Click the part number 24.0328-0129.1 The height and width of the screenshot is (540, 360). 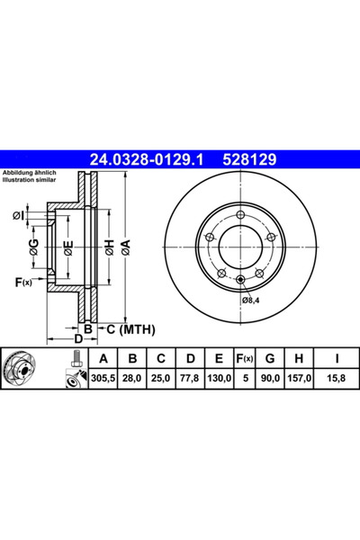146,159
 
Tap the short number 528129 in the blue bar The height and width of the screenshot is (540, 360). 249,159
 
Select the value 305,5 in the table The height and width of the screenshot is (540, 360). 103,378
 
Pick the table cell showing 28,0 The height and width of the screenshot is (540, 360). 132,378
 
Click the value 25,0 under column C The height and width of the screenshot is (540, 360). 161,378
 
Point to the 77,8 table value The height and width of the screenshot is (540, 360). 190,378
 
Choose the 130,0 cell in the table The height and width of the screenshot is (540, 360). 219,378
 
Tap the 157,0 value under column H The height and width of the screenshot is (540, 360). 299,378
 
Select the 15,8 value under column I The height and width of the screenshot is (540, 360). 337,378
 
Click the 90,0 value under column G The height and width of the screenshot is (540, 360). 270,378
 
